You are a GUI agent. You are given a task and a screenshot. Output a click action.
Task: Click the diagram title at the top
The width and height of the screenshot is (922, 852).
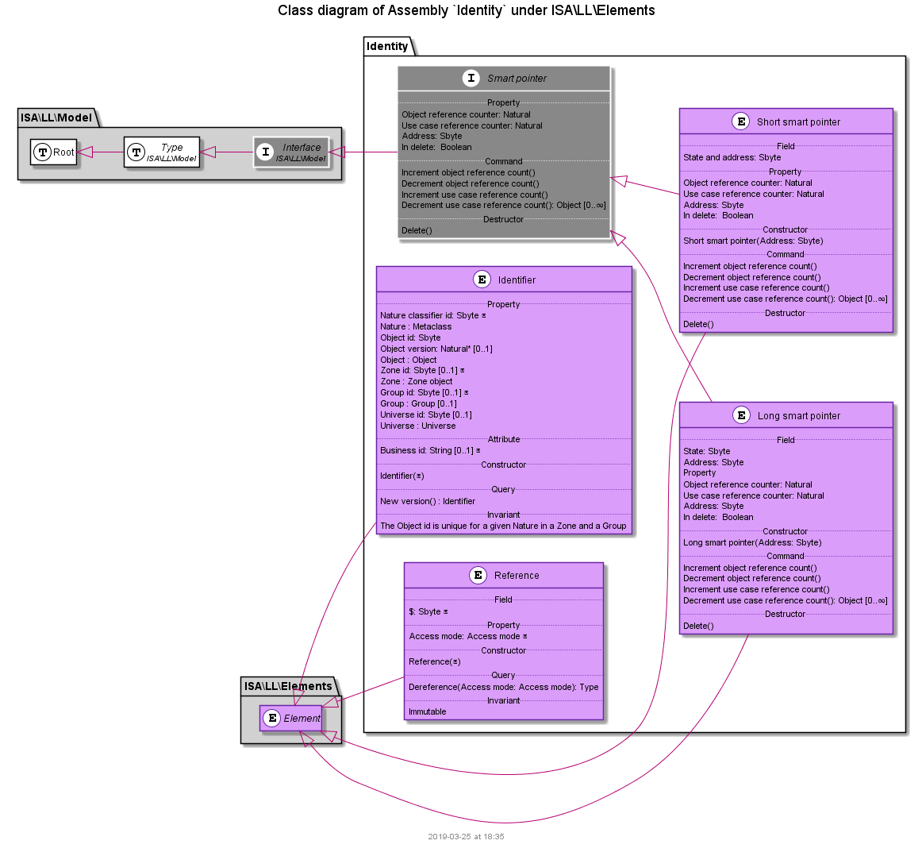[x=467, y=10]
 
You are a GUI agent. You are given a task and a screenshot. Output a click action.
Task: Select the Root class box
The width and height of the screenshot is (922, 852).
[x=54, y=152]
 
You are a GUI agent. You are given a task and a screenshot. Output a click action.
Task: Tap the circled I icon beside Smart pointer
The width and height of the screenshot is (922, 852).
[x=471, y=79]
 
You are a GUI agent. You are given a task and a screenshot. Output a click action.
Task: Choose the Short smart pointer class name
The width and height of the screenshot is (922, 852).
[x=798, y=122]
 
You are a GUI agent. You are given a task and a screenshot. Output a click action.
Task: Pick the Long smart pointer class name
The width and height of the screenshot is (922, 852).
[x=798, y=416]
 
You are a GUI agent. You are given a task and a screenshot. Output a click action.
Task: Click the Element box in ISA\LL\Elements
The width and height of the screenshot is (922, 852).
[x=290, y=719]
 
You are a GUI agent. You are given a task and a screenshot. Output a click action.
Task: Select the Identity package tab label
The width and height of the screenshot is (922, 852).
[x=387, y=47]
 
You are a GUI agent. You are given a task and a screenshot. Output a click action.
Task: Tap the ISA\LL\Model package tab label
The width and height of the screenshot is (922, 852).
[x=56, y=118]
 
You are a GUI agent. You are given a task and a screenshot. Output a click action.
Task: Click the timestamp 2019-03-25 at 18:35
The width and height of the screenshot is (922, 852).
[x=466, y=837]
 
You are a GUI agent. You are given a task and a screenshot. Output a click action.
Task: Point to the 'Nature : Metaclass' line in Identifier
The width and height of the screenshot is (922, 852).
[x=416, y=326]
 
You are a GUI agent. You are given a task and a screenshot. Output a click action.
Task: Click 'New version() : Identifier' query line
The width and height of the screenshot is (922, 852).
[x=428, y=501]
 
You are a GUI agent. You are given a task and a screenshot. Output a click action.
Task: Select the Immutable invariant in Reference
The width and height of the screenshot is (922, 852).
[x=428, y=712]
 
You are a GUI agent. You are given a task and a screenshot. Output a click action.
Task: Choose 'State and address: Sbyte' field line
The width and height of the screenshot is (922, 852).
[x=732, y=158]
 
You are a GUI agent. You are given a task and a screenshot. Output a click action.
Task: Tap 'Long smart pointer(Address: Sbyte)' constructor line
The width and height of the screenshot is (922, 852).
[x=752, y=542]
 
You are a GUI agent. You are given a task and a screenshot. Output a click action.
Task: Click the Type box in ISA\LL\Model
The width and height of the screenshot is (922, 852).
[x=162, y=152]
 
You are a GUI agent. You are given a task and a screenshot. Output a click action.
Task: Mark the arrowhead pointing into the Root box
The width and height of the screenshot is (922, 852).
[x=85, y=152]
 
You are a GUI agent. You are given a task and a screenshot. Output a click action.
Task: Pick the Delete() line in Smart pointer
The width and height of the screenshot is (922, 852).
[x=417, y=230]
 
